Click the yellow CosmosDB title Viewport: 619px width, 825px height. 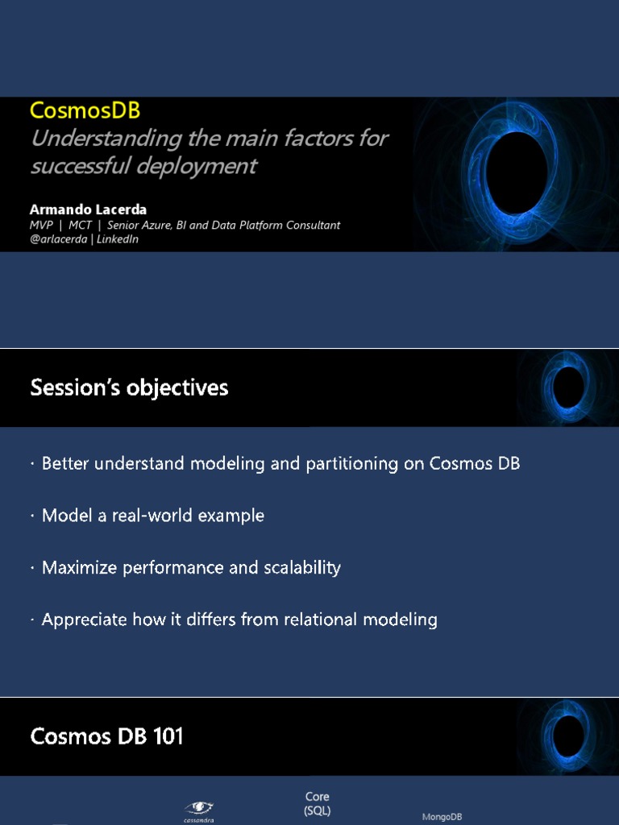click(x=85, y=110)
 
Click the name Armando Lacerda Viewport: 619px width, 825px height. click(x=88, y=209)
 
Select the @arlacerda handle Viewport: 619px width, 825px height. click(x=58, y=239)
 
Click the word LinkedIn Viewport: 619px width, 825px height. click(x=118, y=239)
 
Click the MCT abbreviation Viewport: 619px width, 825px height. click(x=81, y=226)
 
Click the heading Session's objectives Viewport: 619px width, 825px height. click(x=129, y=388)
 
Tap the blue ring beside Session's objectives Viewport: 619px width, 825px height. click(x=569, y=386)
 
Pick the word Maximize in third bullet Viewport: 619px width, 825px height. click(x=79, y=567)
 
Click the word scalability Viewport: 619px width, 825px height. click(x=301, y=567)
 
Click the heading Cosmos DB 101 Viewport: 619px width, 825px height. click(x=106, y=736)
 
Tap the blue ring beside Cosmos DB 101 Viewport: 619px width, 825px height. click(x=569, y=735)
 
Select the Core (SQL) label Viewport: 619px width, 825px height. click(x=318, y=803)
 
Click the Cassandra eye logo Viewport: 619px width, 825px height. click(x=198, y=807)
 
